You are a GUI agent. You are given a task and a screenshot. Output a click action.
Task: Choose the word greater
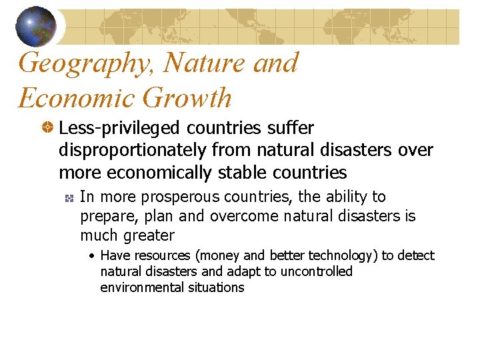click(147, 235)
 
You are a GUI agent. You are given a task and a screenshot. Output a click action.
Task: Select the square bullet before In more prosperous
click(69, 198)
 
